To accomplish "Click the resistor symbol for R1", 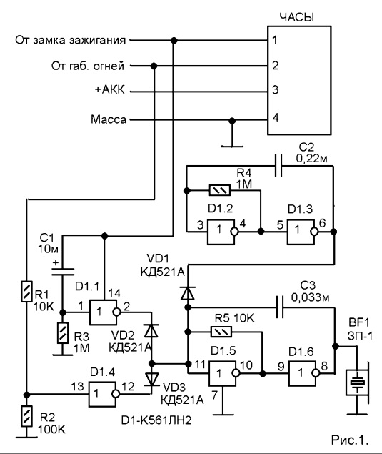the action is tap(26, 291).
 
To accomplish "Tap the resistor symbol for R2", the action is tap(26, 416).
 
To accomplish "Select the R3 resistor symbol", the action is tap(62, 333).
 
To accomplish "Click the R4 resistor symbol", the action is tap(220, 190).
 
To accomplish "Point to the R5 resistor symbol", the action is tap(221, 332).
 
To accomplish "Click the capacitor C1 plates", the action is tap(62, 272).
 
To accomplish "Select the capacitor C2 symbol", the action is tap(278, 166).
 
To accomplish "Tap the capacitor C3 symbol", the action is tap(280, 307).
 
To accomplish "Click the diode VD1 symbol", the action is tap(187, 292).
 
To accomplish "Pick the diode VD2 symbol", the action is tap(151, 330).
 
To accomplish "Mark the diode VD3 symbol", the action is tap(151, 379).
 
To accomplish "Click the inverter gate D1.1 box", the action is tap(104, 312).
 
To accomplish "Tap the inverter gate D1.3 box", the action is tap(302, 232).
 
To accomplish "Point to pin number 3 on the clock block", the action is tap(276, 90).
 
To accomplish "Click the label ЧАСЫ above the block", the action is tap(297, 17).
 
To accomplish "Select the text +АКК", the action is tap(109, 90).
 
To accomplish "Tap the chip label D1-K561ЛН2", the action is tap(156, 420).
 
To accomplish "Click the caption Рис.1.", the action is tap(350, 440).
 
